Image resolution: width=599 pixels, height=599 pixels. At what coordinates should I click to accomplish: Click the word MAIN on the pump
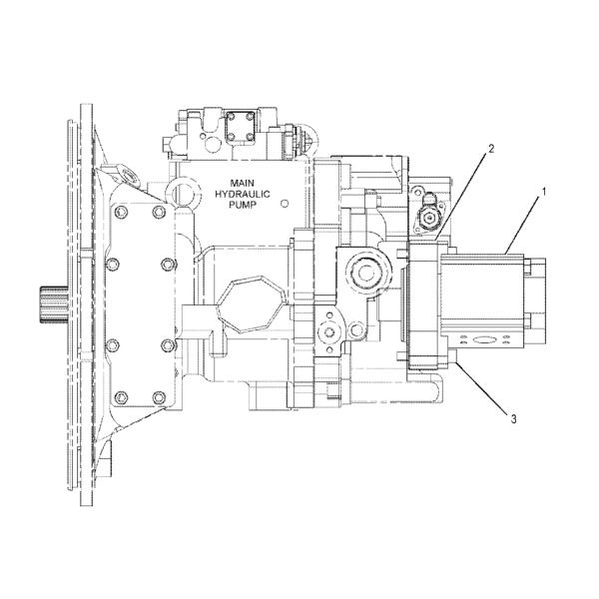click(x=243, y=183)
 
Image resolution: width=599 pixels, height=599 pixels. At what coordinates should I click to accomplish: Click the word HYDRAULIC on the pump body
click(x=243, y=194)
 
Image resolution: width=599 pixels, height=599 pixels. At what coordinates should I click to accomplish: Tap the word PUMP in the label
click(x=243, y=205)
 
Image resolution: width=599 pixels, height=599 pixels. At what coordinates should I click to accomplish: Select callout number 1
click(x=544, y=191)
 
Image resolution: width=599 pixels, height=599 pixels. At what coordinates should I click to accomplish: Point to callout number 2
click(x=491, y=148)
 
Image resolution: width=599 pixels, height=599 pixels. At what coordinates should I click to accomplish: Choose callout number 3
click(x=513, y=419)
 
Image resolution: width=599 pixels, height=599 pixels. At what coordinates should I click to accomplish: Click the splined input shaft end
click(x=54, y=304)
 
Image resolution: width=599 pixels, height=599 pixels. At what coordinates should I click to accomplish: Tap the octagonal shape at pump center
click(x=251, y=304)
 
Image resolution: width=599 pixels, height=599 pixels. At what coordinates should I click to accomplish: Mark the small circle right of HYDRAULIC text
click(x=285, y=204)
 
